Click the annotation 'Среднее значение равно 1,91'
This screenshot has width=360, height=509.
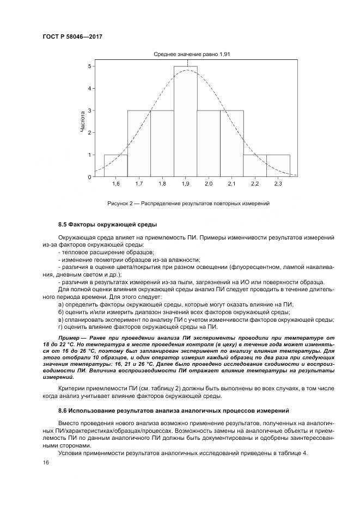185,54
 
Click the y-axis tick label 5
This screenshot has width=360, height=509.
89,66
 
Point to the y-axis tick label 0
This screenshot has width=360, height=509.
89,177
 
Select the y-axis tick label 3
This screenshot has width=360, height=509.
89,111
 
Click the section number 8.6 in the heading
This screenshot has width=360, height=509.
63,409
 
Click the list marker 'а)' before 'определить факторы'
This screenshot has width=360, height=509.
61,304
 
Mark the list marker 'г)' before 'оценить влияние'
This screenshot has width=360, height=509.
60,327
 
